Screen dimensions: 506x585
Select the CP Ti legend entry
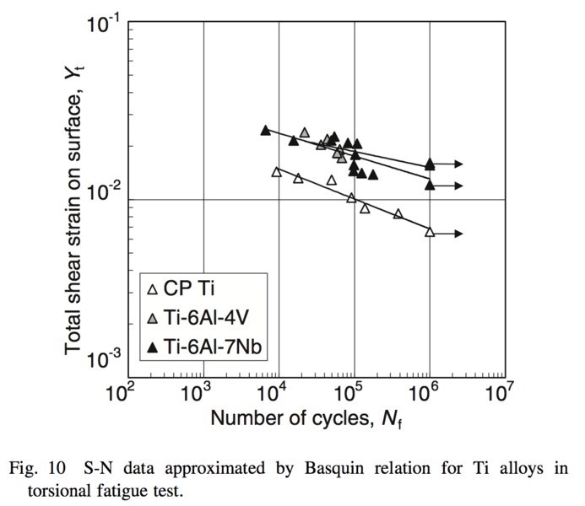tap(181, 290)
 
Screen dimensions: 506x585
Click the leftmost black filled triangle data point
tap(265, 130)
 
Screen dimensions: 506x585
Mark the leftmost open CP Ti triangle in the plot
tap(276, 171)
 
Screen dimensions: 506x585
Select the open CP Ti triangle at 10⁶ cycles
tap(430, 232)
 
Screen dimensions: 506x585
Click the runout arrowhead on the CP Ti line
tap(459, 234)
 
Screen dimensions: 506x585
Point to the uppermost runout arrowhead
tap(459, 164)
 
